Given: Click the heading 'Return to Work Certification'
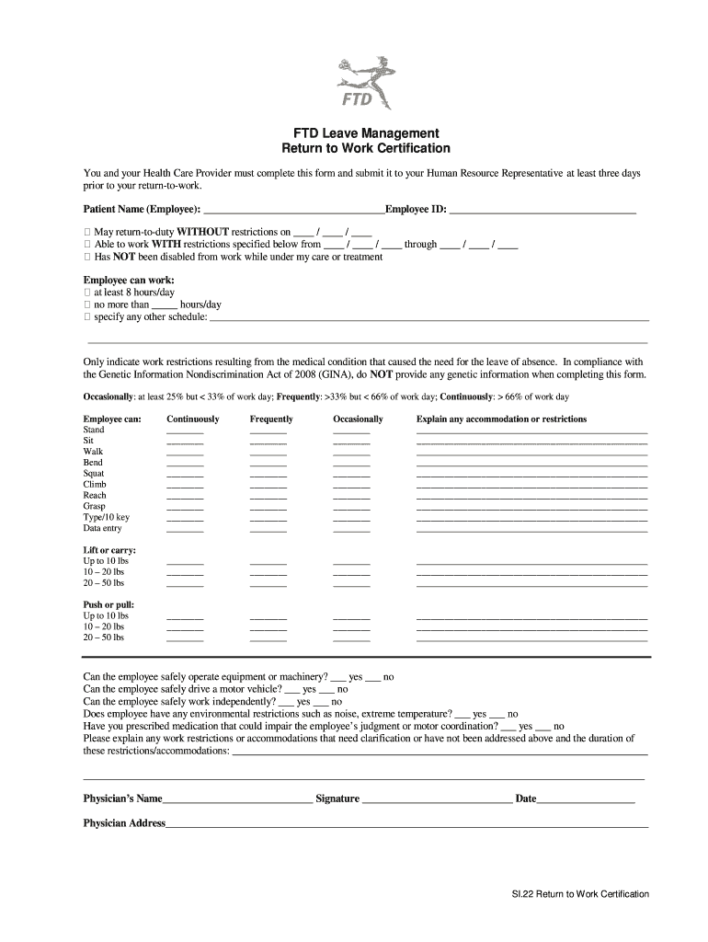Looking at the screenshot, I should tap(366, 148).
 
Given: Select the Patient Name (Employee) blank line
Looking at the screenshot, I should tap(292, 210).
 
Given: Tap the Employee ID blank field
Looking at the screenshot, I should tap(542, 210).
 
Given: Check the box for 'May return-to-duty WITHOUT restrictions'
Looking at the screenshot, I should tap(87, 232).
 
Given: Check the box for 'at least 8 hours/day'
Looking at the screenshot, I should tap(87, 293).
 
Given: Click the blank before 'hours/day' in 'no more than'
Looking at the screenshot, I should tap(164, 305).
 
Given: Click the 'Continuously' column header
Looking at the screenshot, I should tap(193, 419).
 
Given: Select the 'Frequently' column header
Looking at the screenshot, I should tap(271, 419).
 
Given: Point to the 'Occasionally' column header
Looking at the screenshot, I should tap(358, 419).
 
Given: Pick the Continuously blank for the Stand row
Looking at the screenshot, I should tap(185, 431).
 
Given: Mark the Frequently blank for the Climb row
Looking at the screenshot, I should tap(268, 485).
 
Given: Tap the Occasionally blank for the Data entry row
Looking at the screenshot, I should tap(351, 529).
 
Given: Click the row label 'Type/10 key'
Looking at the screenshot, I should tap(107, 517).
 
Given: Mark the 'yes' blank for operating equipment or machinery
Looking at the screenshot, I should tap(337, 677).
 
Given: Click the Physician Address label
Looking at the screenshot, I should tap(124, 823).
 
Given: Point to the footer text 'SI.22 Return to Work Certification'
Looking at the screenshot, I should tap(580, 894).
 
